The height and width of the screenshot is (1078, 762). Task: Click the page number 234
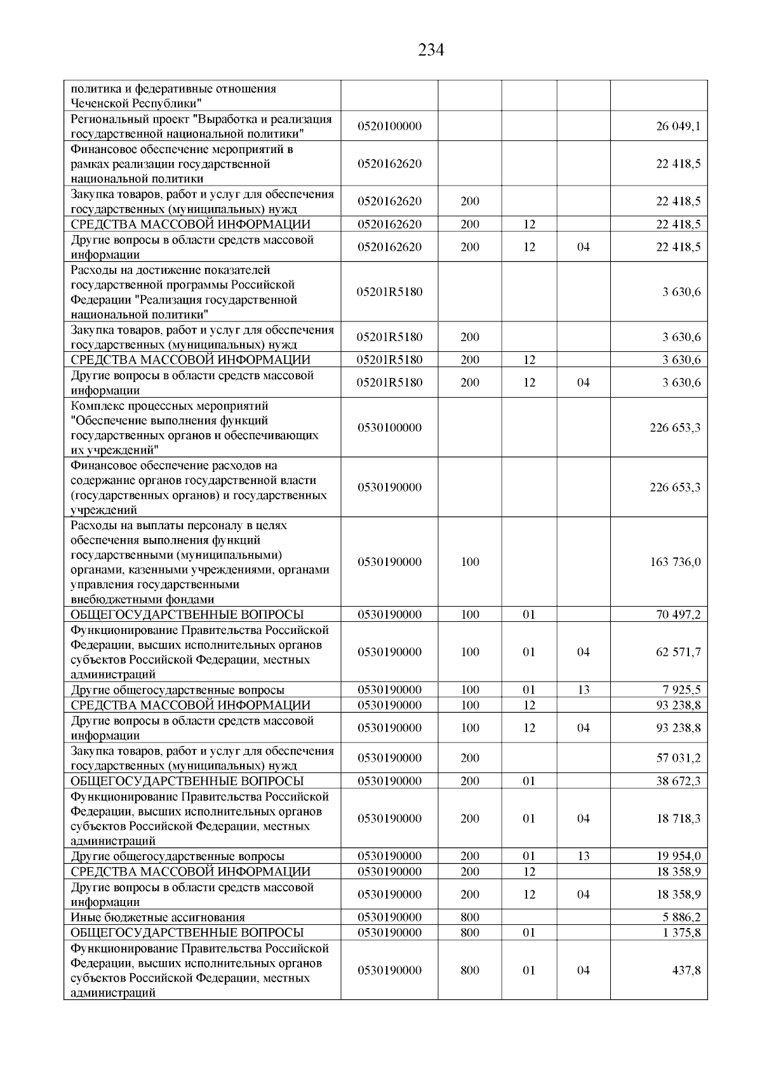[431, 50]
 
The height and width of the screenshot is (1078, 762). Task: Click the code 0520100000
[389, 126]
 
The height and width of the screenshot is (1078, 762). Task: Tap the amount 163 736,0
[675, 562]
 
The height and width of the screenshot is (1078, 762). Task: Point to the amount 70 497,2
[678, 615]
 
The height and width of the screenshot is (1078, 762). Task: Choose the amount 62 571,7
[678, 652]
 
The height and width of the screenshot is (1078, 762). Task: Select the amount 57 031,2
[678, 758]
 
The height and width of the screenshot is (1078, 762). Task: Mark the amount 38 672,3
[678, 781]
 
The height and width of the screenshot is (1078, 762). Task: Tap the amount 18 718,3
[678, 819]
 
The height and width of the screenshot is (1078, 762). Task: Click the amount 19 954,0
[678, 856]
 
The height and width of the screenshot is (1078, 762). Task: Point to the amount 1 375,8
[681, 933]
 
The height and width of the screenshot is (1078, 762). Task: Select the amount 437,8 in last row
[687, 971]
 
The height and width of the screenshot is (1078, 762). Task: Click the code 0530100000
[389, 428]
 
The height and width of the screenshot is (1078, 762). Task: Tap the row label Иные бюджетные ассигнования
[158, 917]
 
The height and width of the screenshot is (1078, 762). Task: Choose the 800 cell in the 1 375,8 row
[470, 933]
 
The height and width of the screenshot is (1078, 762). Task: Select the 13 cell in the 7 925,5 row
[584, 690]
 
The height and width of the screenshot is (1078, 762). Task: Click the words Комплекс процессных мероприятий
[170, 406]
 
